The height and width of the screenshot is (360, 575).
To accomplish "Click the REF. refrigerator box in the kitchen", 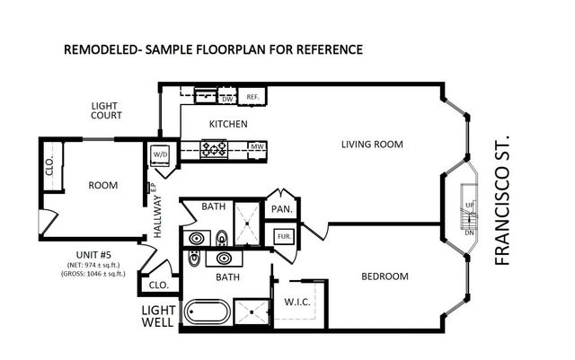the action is [252, 96].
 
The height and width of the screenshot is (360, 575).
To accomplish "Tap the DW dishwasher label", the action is [227, 99].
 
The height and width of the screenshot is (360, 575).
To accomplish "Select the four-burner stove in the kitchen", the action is [214, 150].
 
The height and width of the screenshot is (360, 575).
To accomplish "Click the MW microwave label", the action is [257, 146].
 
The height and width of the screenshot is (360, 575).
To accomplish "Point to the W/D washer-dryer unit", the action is [160, 155].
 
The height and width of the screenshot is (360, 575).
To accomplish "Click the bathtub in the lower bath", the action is [207, 312].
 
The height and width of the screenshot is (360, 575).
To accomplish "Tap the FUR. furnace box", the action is [284, 236].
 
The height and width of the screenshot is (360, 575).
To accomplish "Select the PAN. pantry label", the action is [281, 209].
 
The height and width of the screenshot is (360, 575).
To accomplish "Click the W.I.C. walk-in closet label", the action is [297, 303].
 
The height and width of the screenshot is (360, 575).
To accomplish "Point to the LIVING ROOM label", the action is [372, 145].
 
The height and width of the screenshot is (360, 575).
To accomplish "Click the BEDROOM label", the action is [385, 277].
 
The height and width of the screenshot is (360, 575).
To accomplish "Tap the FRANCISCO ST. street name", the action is [502, 200].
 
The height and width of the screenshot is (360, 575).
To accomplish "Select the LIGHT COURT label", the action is [106, 110].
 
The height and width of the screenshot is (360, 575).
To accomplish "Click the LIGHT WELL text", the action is [158, 316].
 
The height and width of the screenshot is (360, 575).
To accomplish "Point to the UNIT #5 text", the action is [93, 255].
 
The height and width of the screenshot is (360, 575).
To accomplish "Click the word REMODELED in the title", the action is [101, 49].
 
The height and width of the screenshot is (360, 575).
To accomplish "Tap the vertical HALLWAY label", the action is [158, 216].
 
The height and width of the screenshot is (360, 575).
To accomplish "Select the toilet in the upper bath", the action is [222, 238].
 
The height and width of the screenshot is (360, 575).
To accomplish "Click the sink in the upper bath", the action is [197, 238].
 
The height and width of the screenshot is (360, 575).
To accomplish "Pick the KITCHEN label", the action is [228, 124].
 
